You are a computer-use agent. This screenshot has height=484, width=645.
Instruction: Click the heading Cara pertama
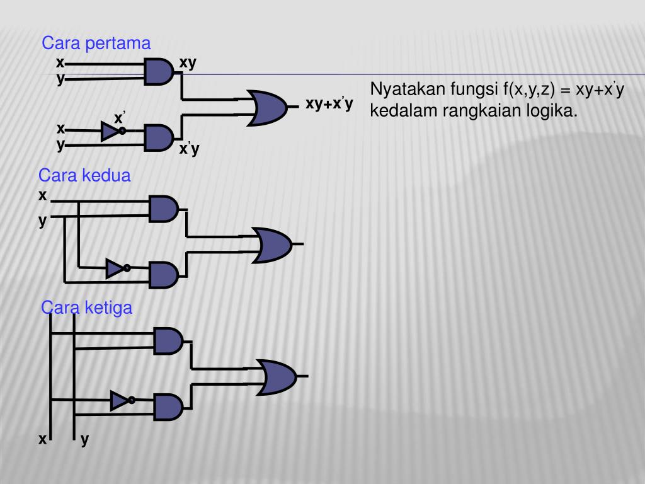click(96, 43)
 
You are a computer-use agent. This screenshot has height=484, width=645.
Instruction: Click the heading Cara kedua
click(84, 175)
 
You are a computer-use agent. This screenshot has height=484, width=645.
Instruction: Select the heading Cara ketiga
click(87, 308)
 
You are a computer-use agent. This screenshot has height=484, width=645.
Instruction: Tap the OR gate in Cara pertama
click(268, 107)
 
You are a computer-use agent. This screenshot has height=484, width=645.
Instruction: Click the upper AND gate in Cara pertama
click(159, 71)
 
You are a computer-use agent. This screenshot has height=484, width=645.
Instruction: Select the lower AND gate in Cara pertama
click(159, 137)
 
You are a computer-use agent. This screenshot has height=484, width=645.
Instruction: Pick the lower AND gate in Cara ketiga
click(168, 406)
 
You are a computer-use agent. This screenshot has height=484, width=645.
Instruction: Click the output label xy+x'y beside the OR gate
click(329, 104)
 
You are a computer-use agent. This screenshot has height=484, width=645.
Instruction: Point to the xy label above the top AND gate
click(188, 63)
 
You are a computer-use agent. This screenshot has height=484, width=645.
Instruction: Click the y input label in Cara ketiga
click(84, 440)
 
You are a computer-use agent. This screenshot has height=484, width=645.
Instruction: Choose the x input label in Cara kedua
click(43, 195)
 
